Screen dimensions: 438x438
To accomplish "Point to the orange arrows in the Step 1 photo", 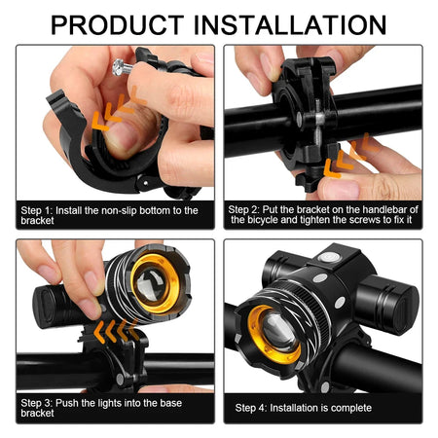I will [x=113, y=115].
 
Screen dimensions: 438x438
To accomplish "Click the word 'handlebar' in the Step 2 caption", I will [x=387, y=208].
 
